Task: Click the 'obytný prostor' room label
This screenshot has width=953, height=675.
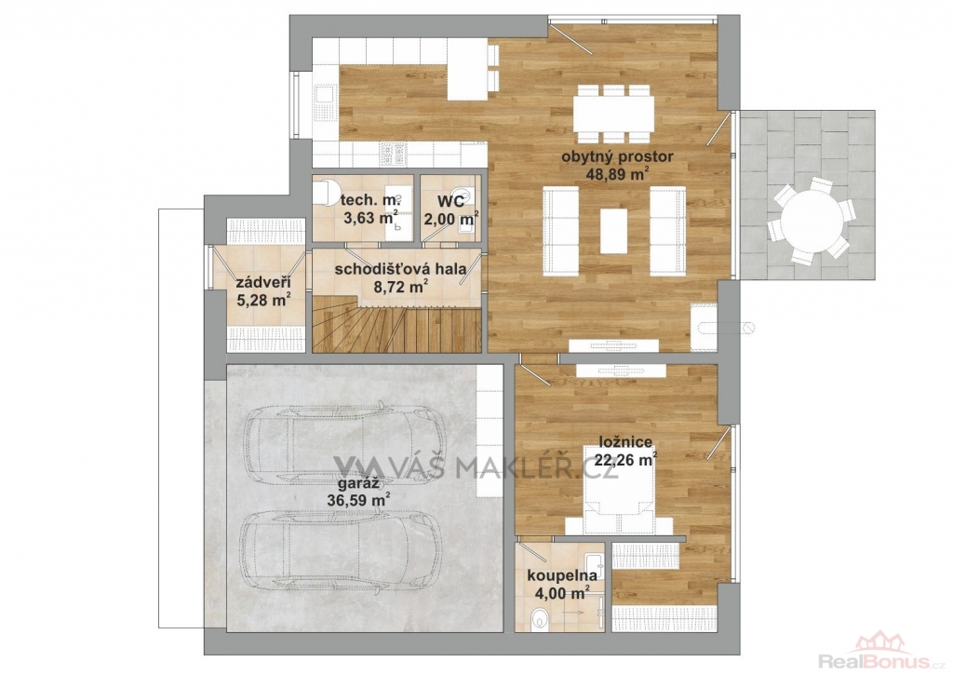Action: [x=617, y=157]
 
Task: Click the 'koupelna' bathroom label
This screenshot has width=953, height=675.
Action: [x=561, y=575]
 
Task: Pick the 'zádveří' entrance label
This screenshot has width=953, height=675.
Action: [x=262, y=283]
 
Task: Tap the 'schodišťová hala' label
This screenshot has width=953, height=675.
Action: [x=400, y=269]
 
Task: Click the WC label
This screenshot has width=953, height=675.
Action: [x=451, y=201]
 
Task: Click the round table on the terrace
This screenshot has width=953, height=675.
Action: [x=812, y=220]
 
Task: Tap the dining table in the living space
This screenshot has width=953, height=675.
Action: [x=613, y=113]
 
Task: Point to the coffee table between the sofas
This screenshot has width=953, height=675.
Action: [x=614, y=231]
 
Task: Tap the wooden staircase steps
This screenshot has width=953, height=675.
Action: [x=396, y=324]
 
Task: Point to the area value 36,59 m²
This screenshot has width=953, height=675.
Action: [x=358, y=501]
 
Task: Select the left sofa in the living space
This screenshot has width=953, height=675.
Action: [x=560, y=231]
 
